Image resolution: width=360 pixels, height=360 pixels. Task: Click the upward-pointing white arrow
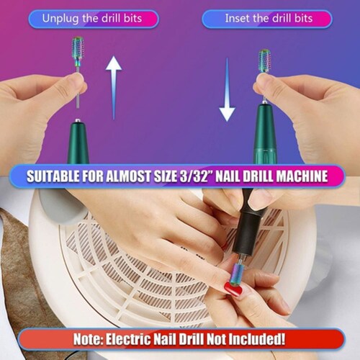[x=114, y=88]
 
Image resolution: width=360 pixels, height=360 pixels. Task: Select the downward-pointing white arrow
[x=227, y=89]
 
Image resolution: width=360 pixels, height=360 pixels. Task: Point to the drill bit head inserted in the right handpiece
[x=264, y=60]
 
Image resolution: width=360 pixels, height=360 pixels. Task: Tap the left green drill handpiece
[x=78, y=142]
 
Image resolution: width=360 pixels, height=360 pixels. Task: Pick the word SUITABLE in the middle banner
[x=53, y=176]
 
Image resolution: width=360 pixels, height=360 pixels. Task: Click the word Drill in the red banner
[x=193, y=339]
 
